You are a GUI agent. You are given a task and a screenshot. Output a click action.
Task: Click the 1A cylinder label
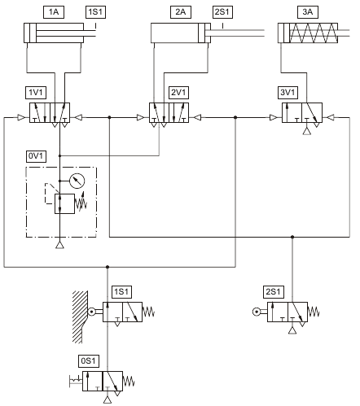[54, 12]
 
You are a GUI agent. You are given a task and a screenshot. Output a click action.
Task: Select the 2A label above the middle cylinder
[181, 12]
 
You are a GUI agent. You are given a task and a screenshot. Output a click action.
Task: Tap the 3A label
[308, 12]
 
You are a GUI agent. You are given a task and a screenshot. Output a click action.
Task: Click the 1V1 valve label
[36, 93]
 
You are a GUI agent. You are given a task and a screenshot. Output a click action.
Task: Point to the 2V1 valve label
[178, 93]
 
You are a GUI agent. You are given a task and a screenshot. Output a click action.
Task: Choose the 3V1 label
[288, 93]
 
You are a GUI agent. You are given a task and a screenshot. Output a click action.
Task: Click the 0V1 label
[36, 156]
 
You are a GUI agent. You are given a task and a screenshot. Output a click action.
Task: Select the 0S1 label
[89, 361]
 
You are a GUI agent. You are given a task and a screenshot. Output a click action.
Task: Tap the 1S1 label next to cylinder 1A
[95, 12]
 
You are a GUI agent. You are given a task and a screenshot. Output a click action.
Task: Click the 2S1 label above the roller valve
[274, 292]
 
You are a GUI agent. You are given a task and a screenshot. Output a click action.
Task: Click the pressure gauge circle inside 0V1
[77, 181]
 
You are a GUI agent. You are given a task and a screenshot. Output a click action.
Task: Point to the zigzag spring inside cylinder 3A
[314, 33]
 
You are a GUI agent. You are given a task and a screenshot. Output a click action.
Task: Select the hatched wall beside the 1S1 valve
[80, 317]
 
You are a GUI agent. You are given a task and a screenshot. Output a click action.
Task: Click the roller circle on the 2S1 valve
[256, 312]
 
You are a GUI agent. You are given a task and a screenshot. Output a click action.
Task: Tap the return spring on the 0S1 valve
[129, 381]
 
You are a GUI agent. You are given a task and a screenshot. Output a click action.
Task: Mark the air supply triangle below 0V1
[59, 245]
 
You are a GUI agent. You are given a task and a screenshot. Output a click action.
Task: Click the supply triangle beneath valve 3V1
[307, 131]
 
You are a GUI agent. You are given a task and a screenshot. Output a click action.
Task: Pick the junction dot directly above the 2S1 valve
[292, 237]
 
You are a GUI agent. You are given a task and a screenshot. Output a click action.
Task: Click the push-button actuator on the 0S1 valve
[76, 381]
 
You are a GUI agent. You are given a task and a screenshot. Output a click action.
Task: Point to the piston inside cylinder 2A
[201, 33]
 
